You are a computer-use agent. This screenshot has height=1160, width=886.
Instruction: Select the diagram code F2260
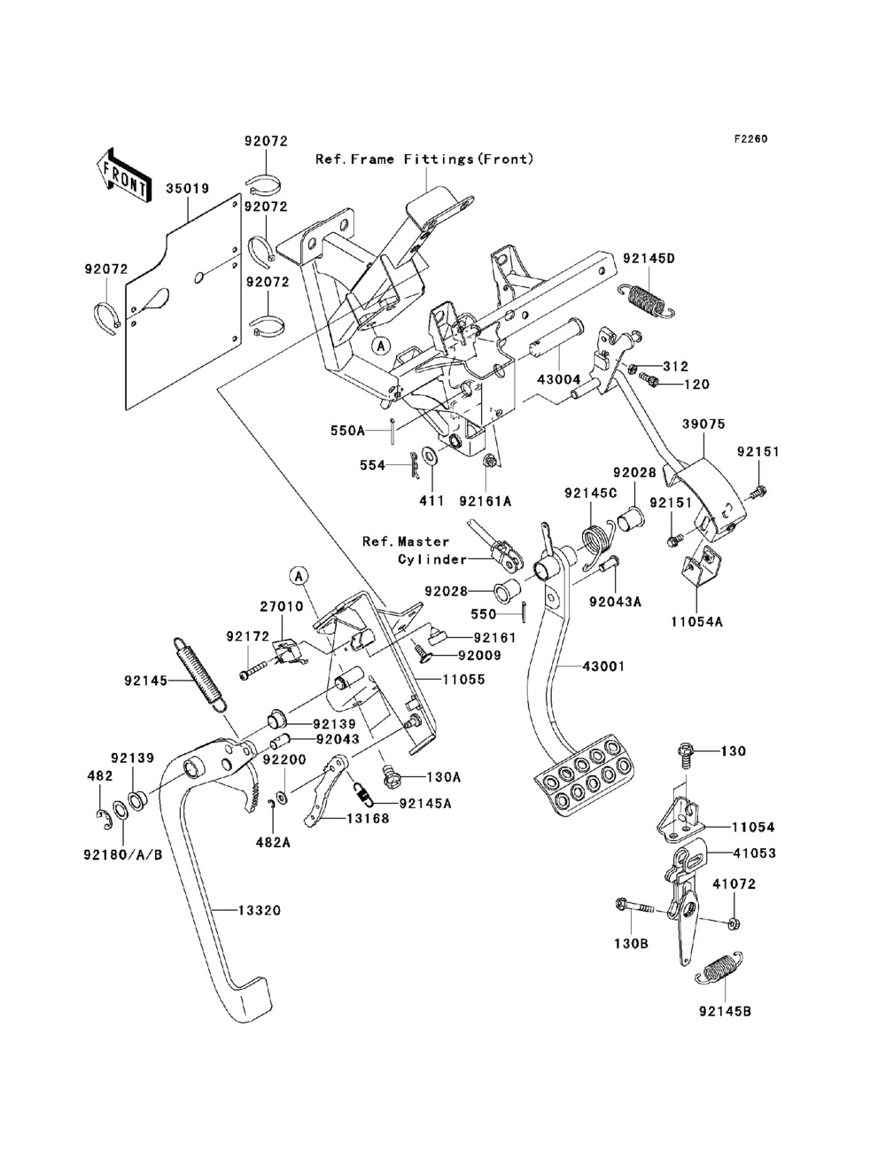(749, 139)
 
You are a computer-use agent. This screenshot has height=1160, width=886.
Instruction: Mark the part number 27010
(281, 607)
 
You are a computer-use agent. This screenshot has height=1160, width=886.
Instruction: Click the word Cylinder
(431, 559)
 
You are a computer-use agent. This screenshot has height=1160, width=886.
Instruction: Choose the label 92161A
(486, 501)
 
